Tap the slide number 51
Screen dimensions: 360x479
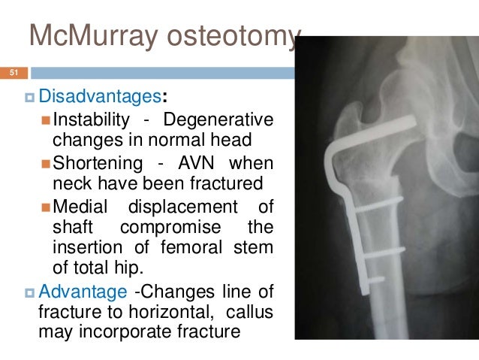click(x=12, y=73)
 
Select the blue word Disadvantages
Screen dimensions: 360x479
click(x=99, y=97)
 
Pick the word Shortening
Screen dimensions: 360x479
click(x=98, y=163)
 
